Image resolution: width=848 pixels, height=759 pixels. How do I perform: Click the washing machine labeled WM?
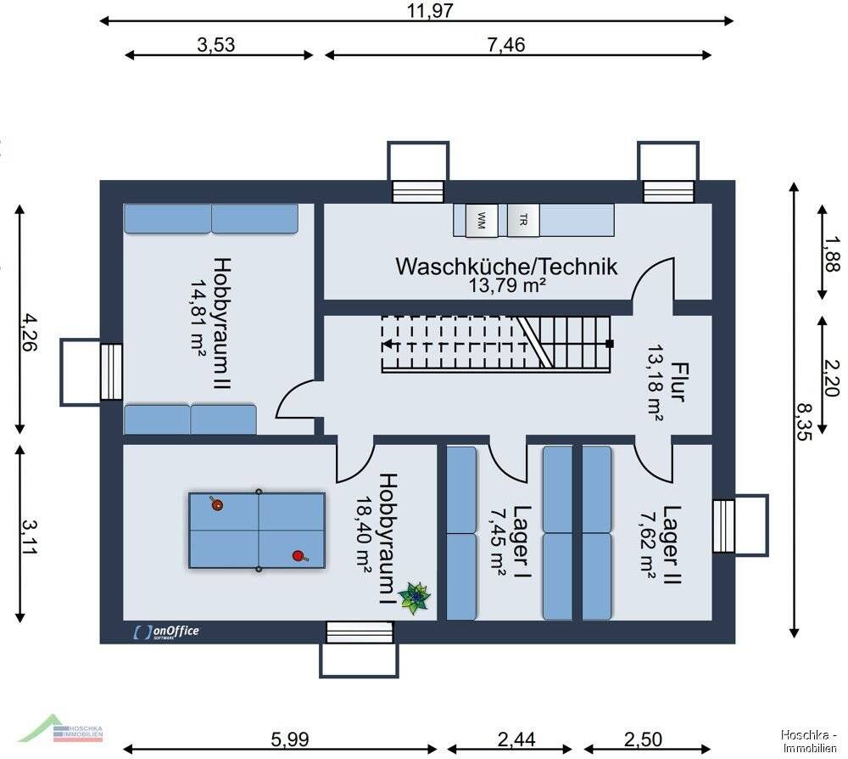[x=482, y=222]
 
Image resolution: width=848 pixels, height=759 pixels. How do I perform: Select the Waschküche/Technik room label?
[x=506, y=266]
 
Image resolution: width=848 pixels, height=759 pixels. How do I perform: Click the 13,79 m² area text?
[x=506, y=286]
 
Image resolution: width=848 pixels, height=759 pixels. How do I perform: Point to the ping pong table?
[x=257, y=531]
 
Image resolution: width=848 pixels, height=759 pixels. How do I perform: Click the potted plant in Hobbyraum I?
[x=416, y=598]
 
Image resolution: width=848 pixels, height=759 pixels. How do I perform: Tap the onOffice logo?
[x=166, y=631]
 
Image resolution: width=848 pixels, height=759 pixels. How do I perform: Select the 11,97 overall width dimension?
[x=430, y=10]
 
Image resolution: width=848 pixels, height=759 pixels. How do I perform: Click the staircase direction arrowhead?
[x=386, y=344]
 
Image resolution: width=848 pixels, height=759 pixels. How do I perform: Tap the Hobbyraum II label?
[x=222, y=325]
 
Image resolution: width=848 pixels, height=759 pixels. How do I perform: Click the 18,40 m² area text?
[x=365, y=535]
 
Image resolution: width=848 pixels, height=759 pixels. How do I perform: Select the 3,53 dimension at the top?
[x=216, y=45]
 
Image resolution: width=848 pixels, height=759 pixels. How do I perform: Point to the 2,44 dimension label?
[x=516, y=739]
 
